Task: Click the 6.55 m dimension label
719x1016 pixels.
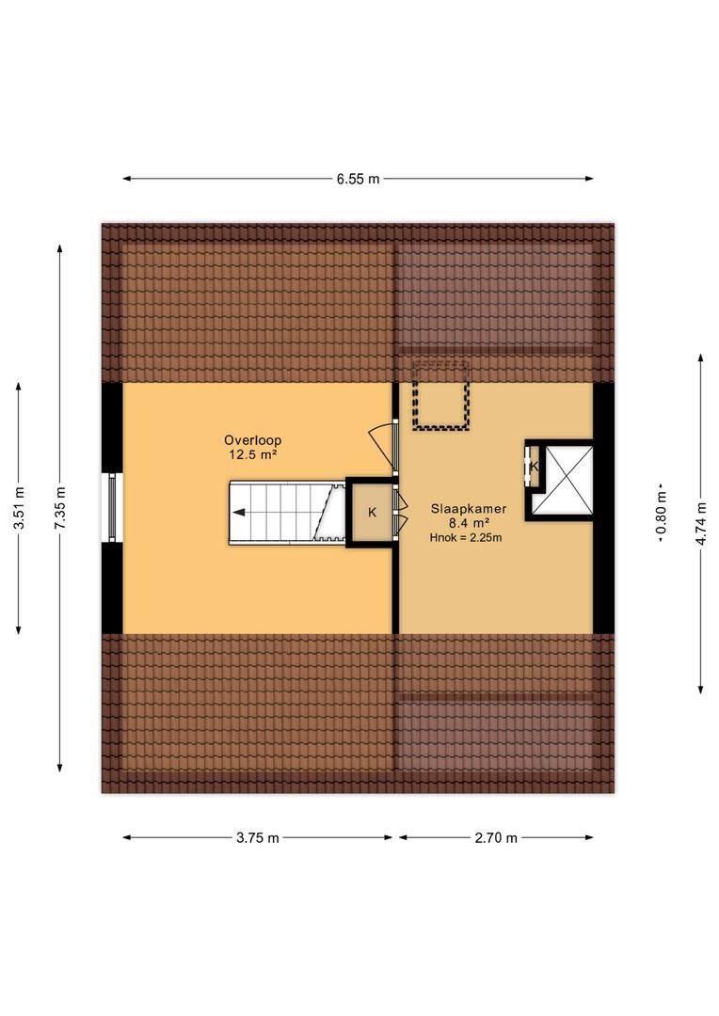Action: coord(358,179)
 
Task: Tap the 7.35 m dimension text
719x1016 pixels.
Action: coord(59,508)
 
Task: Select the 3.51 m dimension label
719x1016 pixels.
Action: coord(19,508)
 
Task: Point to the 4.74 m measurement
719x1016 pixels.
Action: coord(701,523)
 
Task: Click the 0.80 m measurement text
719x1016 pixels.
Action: coord(661,516)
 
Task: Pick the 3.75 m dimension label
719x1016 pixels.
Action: coord(257,838)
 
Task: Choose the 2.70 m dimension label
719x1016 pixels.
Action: coord(496,838)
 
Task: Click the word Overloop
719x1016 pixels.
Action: coord(253,440)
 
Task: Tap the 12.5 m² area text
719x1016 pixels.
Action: coord(253,455)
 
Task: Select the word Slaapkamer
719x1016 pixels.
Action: coord(468,509)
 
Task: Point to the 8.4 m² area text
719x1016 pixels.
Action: coord(468,524)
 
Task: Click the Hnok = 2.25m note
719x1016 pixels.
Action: coord(466,537)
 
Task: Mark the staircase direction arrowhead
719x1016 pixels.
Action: coord(238,513)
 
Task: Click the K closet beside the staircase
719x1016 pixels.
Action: coord(372,513)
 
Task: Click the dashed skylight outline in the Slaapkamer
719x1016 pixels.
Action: coord(440,396)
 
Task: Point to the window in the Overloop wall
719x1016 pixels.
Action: coord(112,507)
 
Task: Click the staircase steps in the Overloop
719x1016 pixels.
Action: coord(286,513)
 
